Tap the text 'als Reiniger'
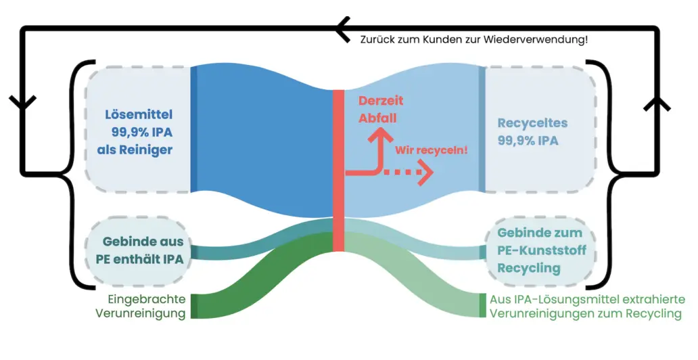pyautogui.click(x=135, y=149)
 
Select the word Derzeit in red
pyautogui.click(x=380, y=100)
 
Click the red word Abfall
pyautogui.click(x=378, y=118)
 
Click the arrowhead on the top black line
pyautogui.click(x=342, y=28)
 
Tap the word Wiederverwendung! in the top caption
pyautogui.click(x=541, y=39)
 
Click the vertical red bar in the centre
pyautogui.click(x=338, y=169)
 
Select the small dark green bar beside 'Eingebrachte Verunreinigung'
pyautogui.click(x=194, y=306)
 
